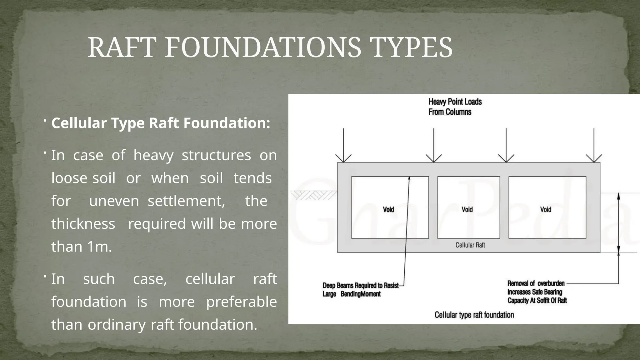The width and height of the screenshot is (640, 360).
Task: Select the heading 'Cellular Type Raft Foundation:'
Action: (x=161, y=123)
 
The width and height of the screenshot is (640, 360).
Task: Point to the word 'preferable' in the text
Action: (x=241, y=302)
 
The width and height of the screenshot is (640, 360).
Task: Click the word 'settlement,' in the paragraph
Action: (x=186, y=201)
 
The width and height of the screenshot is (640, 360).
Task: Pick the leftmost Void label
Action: (x=388, y=209)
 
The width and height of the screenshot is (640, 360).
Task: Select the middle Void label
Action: (x=467, y=209)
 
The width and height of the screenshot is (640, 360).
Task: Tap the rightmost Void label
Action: (x=546, y=209)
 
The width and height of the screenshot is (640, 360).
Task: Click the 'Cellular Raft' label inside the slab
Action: (x=470, y=245)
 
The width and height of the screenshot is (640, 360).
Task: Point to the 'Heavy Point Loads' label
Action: (x=455, y=102)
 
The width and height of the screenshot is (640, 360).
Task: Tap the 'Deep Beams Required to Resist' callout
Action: (x=360, y=286)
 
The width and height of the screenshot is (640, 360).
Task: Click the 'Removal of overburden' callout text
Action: (x=536, y=284)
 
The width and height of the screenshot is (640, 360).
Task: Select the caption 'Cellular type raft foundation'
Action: (x=474, y=315)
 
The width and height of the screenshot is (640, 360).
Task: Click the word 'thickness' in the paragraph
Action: (x=83, y=224)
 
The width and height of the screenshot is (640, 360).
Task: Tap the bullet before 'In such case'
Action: (x=45, y=276)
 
